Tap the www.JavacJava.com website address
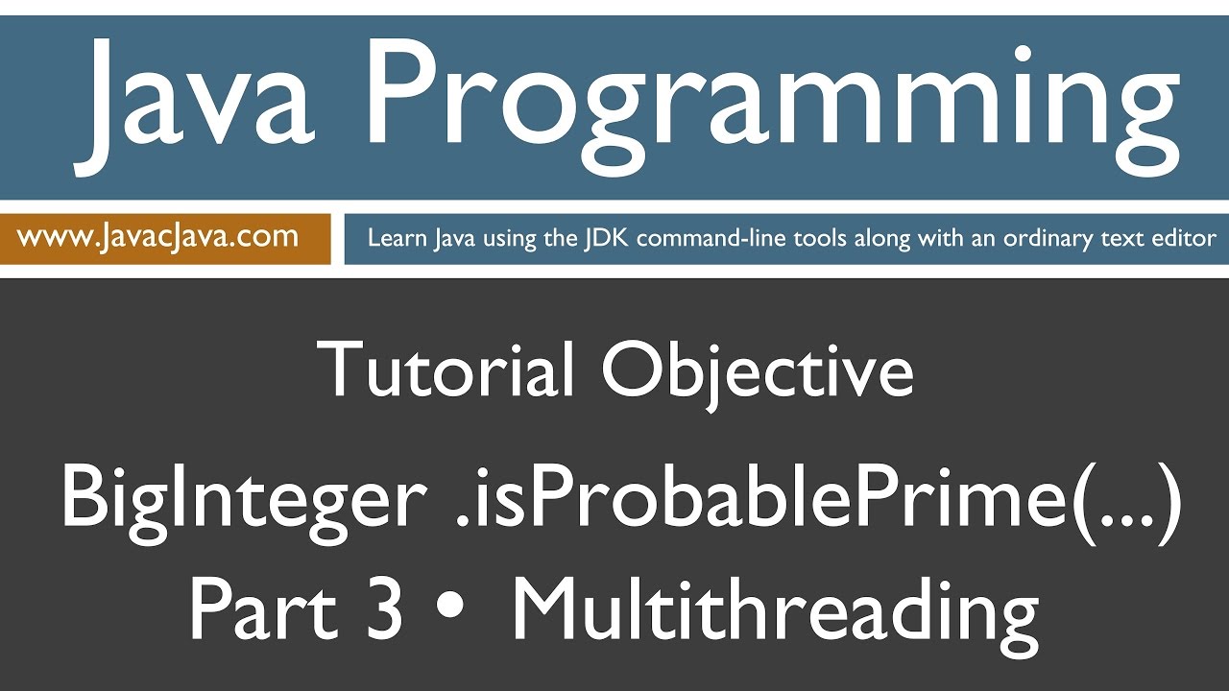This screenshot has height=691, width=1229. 158,236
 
